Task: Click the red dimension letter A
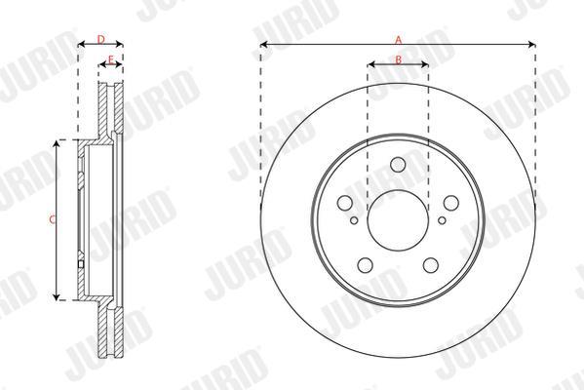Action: (399, 39)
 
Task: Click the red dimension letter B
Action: (398, 59)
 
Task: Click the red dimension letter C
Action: (52, 219)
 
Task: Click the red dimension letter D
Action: (101, 39)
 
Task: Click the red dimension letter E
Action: (110, 59)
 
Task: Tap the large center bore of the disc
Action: (398, 220)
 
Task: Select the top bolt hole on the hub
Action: (398, 164)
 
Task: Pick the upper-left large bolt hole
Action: (344, 203)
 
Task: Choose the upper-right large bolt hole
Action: (451, 203)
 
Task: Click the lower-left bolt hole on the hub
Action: (365, 265)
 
